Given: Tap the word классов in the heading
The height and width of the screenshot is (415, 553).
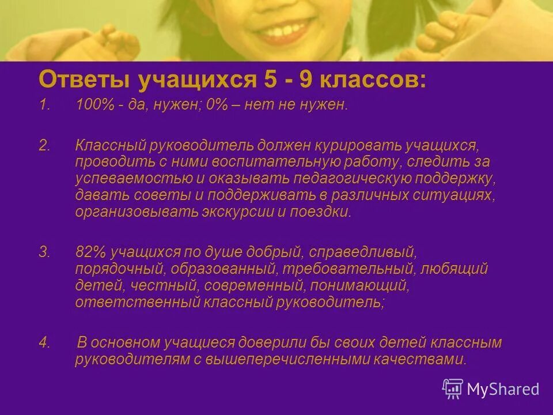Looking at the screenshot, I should click(x=378, y=80).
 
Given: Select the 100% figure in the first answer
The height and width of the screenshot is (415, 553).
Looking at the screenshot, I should click(x=91, y=106).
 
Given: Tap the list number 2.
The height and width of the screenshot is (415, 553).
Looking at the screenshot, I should click(x=44, y=145).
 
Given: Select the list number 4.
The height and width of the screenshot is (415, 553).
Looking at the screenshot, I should click(x=44, y=342).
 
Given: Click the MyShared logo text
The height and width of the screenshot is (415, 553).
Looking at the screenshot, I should click(x=502, y=389).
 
